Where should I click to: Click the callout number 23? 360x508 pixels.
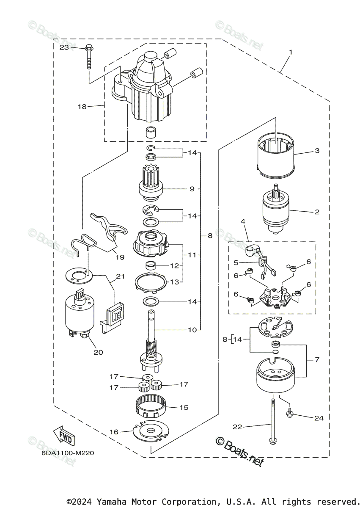[x=64, y=47]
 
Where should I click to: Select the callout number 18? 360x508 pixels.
[x=82, y=106]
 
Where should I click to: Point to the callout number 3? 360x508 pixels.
[x=317, y=151]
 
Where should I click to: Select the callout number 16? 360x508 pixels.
[x=114, y=432]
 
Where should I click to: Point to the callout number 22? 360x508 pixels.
[x=237, y=427]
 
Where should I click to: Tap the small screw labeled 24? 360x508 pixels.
[x=290, y=413]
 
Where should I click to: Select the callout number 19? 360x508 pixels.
[x=120, y=257]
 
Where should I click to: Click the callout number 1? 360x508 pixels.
[x=291, y=52]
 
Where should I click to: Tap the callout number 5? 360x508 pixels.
[x=236, y=262]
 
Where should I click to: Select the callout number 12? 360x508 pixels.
[x=175, y=265]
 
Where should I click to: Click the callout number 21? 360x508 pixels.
[x=121, y=276]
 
